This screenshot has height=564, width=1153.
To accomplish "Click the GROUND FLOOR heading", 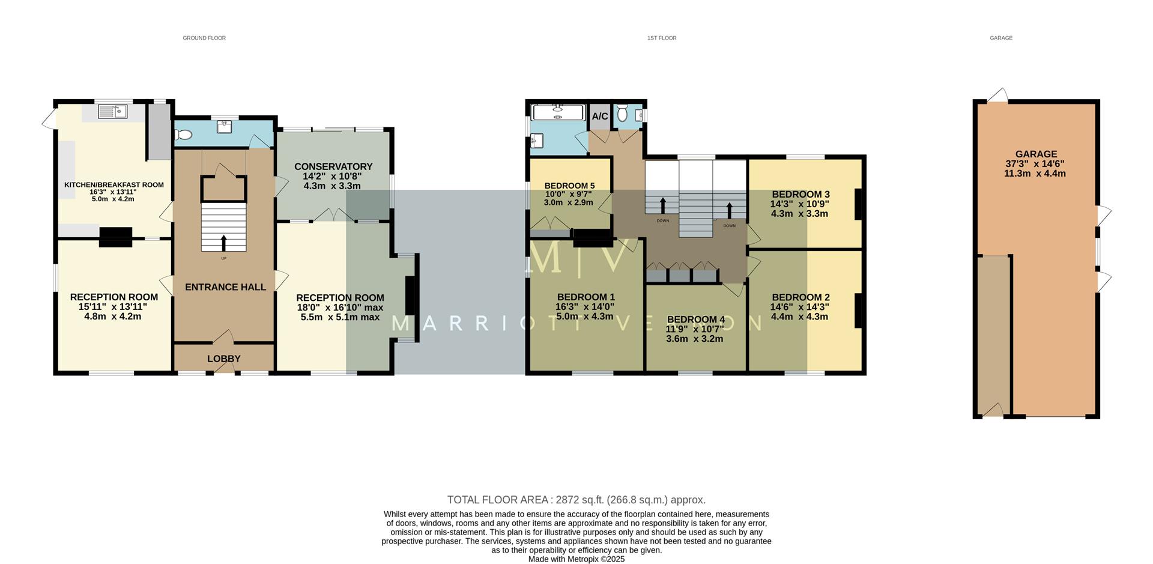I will pos(204,38).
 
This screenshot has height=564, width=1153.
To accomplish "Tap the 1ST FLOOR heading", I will pos(662,38).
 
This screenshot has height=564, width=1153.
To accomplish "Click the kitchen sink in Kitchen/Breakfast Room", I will pos(112,111).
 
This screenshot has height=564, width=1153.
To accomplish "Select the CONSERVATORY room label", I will pos(333,166).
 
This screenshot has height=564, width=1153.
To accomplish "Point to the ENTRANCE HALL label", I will pos(225,287).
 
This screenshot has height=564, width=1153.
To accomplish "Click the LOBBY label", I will pos(224,359).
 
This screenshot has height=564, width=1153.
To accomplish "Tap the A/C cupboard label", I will pos(600,116).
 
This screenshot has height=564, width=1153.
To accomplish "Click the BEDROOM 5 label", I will pos(569,186).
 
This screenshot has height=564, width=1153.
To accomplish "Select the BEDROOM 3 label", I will pos(800,194).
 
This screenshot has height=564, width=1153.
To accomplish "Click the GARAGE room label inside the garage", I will pos(1036,154).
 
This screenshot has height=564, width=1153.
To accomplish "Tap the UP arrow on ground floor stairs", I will pos(224,243).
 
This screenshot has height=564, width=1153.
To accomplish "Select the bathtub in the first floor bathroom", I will pos(558,112).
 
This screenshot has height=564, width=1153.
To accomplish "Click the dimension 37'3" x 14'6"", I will pos(1035,163).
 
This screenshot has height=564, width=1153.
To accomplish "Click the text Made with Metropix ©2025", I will pos(576,559).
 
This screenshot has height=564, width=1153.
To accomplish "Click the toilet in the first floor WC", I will pos(622,112).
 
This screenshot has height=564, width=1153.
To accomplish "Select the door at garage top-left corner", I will pos(997,96).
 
